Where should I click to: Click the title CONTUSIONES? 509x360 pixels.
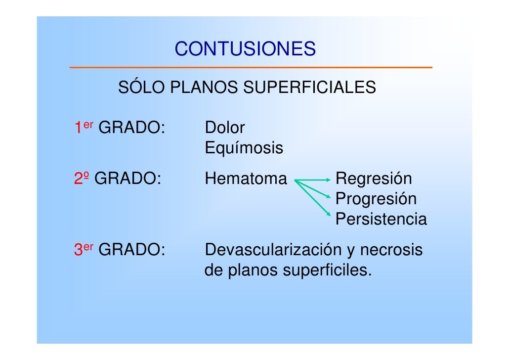click(x=245, y=49)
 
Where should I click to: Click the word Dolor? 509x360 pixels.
click(x=224, y=128)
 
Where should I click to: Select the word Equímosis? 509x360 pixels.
click(x=244, y=148)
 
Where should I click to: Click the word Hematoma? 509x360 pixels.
click(x=246, y=179)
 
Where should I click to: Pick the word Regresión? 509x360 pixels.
click(x=374, y=179)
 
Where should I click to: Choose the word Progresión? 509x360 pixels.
click(x=376, y=199)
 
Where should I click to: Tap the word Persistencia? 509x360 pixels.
click(x=381, y=219)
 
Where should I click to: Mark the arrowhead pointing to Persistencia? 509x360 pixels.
click(x=328, y=214)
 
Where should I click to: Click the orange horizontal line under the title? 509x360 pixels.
click(x=251, y=67)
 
